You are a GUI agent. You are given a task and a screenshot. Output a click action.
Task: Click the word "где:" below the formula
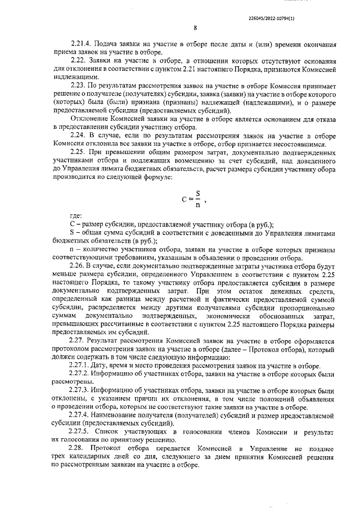pos(75,215)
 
